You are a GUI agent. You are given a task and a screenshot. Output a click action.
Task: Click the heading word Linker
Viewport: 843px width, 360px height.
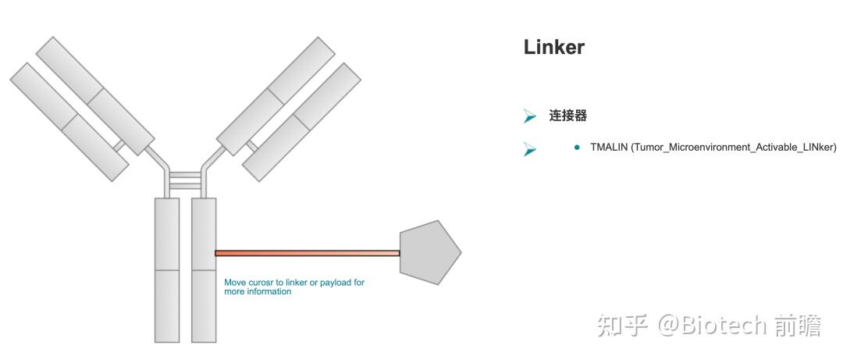coord(553,48)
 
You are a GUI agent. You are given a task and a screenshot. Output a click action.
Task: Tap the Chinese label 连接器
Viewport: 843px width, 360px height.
coord(567,115)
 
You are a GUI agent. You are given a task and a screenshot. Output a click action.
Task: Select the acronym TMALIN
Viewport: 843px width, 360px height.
coord(609,147)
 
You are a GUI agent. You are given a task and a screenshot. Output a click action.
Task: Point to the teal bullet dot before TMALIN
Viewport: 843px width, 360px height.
coord(578,147)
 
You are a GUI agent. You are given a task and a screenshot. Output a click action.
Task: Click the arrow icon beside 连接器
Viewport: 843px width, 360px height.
coord(530,116)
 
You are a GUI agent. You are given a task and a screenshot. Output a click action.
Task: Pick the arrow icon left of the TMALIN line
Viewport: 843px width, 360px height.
coord(530,149)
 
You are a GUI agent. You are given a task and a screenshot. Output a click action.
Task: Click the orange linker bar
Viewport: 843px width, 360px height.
coord(307,253)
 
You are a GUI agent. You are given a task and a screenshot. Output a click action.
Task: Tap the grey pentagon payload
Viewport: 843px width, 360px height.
coord(429,252)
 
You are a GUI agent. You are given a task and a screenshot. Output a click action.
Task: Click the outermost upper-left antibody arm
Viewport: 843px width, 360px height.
coord(69,122)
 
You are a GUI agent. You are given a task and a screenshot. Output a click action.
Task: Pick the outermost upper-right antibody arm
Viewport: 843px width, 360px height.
coord(301,122)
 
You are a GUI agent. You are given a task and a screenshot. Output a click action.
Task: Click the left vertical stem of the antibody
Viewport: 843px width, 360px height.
coord(167,270)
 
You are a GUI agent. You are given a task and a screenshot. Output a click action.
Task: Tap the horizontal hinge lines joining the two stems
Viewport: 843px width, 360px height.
coord(185,180)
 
